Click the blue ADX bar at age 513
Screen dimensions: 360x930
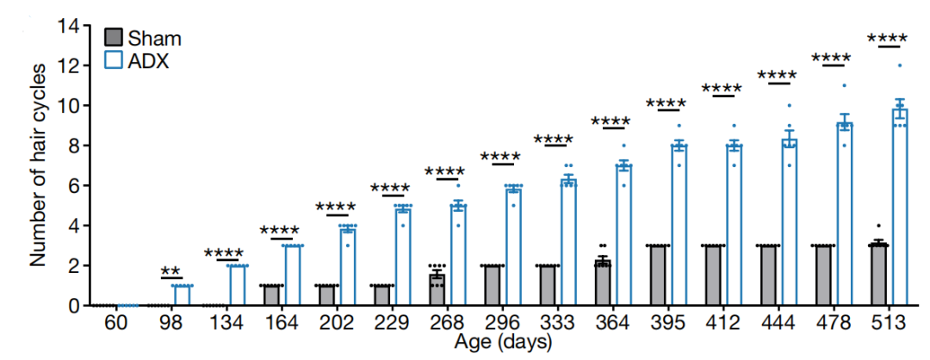point(900,207)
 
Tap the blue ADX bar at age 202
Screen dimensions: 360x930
point(348,267)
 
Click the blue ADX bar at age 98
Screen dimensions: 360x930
point(182,295)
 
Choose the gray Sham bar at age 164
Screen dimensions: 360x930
point(270,295)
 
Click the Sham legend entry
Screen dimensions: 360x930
point(141,39)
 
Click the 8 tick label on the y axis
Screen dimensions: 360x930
point(74,146)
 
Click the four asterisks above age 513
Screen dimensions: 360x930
point(887,39)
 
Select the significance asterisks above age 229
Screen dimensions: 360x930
point(390,188)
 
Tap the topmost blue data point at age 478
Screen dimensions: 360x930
point(845,85)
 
